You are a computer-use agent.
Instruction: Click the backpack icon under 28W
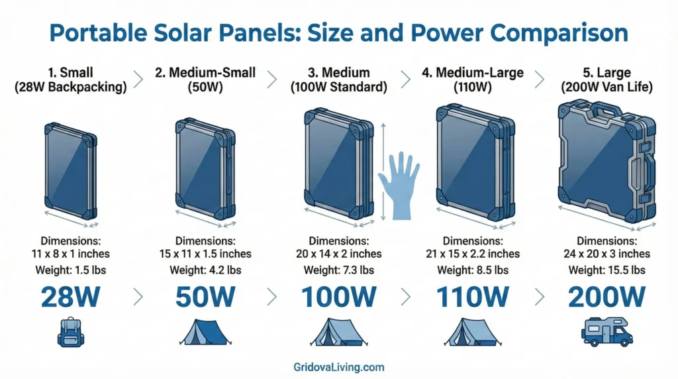tap(70, 331)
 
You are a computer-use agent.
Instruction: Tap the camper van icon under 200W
tap(606, 331)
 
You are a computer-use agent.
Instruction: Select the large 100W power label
tap(339, 297)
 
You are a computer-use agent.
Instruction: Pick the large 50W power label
tap(205, 297)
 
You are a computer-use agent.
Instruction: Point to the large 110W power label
tap(473, 297)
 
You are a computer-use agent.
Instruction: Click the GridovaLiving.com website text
tap(338, 366)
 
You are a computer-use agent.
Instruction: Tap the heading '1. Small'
tap(71, 72)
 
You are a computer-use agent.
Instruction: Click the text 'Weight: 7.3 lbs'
tap(339, 270)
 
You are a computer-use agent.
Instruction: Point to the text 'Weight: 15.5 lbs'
tap(606, 270)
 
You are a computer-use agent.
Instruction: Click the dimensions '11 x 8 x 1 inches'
tap(70, 253)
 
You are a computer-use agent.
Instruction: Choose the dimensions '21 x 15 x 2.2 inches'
tap(473, 253)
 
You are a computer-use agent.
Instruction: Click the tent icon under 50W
tap(204, 331)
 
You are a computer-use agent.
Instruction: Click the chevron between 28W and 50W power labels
tap(138, 297)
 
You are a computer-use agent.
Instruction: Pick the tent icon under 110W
tap(473, 331)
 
